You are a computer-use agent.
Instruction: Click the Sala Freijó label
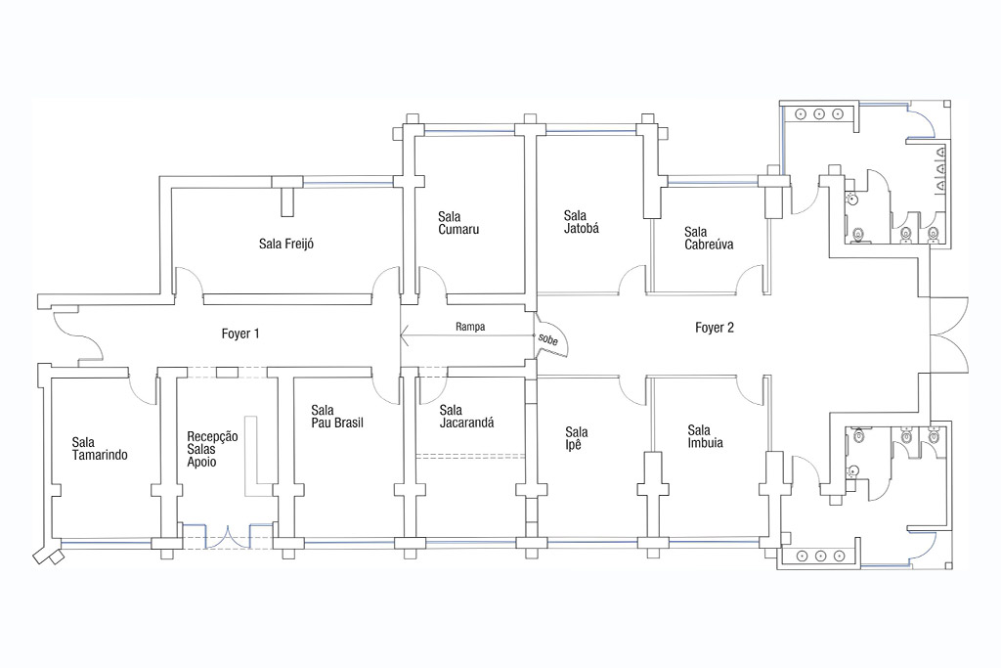click(x=286, y=244)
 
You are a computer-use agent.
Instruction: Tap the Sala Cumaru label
click(x=458, y=223)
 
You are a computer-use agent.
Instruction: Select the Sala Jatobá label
click(x=582, y=222)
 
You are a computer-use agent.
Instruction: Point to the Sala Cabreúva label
click(x=709, y=238)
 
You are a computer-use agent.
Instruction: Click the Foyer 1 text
click(x=240, y=334)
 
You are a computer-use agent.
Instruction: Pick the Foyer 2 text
click(x=715, y=328)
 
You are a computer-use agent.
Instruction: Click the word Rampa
click(x=470, y=327)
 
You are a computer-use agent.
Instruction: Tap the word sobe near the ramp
click(x=547, y=339)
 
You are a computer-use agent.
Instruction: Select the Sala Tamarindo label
click(x=100, y=448)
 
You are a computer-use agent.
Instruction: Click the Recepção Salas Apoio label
click(x=212, y=449)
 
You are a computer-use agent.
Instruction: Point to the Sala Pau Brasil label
click(x=337, y=416)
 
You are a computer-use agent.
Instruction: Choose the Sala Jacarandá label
click(x=466, y=416)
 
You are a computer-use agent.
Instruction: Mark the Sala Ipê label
click(x=577, y=438)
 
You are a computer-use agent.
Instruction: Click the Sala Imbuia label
click(x=706, y=436)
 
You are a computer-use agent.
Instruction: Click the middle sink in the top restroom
click(x=819, y=114)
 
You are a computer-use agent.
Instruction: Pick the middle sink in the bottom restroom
click(x=820, y=557)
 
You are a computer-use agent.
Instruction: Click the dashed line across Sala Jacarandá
click(x=470, y=456)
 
